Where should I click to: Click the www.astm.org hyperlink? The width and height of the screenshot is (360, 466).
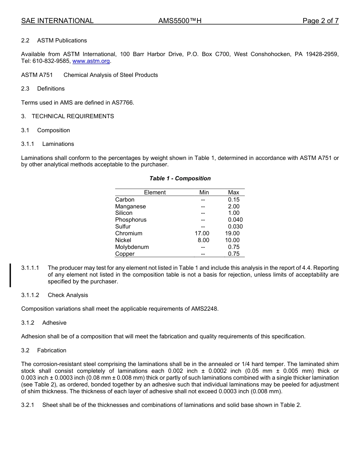click(91, 61)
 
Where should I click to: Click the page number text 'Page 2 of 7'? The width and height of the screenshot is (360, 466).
click(320, 21)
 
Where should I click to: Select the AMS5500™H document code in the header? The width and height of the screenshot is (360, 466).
click(180, 21)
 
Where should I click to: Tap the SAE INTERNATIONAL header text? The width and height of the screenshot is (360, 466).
click(57, 21)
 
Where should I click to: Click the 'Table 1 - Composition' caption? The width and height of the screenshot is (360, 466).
click(180, 178)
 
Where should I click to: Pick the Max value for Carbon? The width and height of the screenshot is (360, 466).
click(233, 200)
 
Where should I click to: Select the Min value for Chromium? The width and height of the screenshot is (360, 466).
click(202, 233)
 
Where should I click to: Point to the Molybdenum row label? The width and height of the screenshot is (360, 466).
click(132, 247)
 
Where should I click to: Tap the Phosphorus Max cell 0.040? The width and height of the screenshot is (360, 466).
click(235, 220)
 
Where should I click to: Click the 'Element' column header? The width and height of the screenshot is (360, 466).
click(155, 192)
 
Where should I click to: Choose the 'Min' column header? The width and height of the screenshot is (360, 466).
click(204, 192)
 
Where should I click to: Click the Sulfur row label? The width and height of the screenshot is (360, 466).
click(123, 227)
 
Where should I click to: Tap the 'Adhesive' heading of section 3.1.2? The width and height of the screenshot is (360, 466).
click(54, 323)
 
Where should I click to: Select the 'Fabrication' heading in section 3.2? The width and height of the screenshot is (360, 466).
click(52, 350)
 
